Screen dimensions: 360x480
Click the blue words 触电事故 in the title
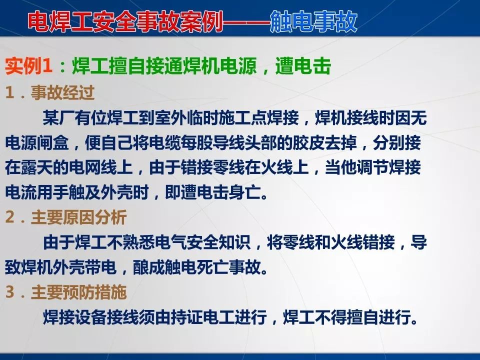313,22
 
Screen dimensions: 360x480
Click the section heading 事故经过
63,92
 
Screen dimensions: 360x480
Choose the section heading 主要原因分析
78,217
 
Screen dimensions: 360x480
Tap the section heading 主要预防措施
78,292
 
